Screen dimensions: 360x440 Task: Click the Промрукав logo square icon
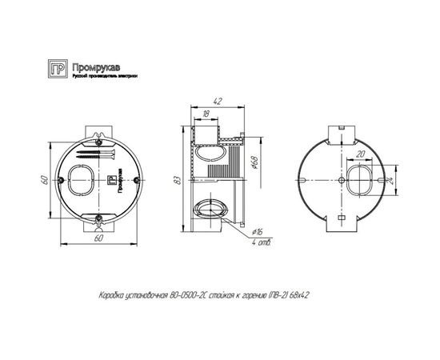pyautogui.click(x=57, y=68)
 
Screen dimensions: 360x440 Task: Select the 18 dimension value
pyautogui.click(x=206, y=114)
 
